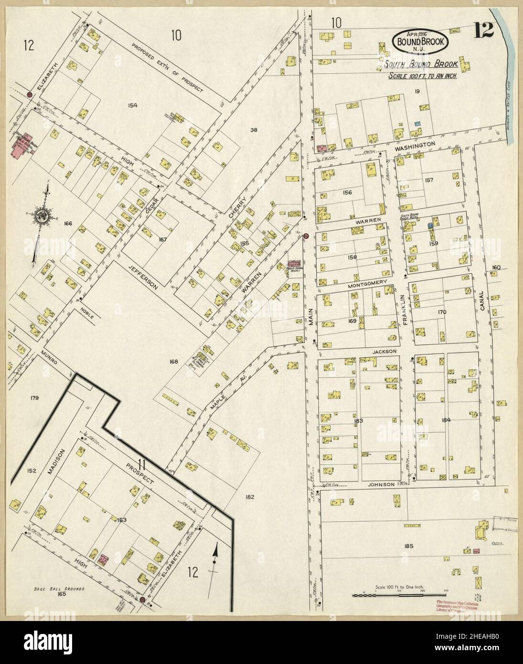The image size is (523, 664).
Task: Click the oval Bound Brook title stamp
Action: (x=420, y=41)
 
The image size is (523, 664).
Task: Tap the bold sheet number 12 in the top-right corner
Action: (x=484, y=31)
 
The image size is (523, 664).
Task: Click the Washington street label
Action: (x=415, y=144)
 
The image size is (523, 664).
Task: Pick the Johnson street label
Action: (x=381, y=484)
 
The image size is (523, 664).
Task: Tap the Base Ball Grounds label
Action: (x=58, y=589)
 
